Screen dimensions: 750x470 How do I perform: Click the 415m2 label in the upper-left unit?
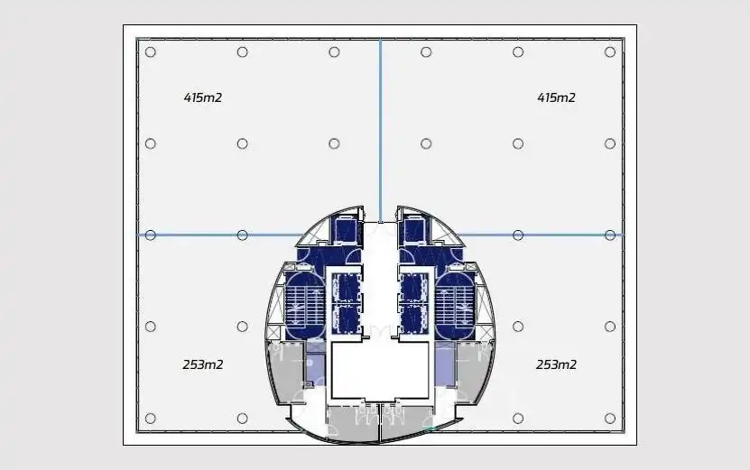[x=203, y=97]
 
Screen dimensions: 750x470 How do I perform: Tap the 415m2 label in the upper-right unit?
[x=556, y=97]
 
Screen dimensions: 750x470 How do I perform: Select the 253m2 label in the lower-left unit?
[x=203, y=364]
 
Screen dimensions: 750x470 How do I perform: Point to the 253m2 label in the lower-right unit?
[x=556, y=364]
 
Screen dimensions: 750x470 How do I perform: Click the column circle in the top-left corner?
[x=150, y=52]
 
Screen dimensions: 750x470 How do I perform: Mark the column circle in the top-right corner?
[x=610, y=52]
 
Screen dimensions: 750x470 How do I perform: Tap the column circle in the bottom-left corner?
[x=150, y=419]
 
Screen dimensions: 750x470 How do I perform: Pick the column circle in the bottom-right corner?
[x=610, y=419]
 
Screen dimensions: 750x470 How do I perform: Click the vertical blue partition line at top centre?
[x=380, y=130]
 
